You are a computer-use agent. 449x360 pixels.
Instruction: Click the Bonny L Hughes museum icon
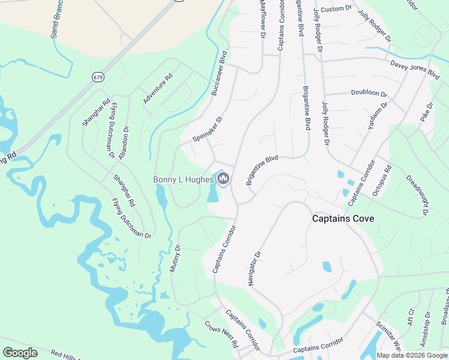223,179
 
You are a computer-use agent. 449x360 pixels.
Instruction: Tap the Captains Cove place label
343,219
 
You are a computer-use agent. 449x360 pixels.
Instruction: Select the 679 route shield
98,77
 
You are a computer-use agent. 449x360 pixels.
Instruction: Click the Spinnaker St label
207,129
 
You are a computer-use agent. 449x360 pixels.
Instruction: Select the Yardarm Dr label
378,116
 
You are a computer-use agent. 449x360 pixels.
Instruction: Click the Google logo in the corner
20,353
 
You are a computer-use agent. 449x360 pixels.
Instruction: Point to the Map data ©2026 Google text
411,355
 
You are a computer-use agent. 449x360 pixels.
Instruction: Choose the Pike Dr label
427,112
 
